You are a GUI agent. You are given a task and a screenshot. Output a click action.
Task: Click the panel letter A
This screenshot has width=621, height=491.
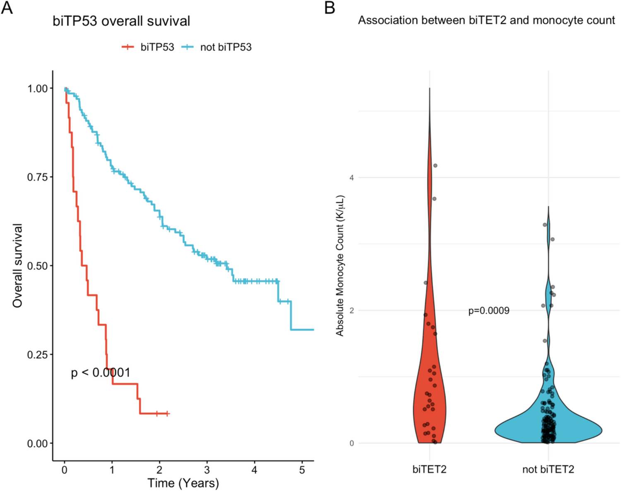[7, 7]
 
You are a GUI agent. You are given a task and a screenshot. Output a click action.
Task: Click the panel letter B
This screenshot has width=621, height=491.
[330, 7]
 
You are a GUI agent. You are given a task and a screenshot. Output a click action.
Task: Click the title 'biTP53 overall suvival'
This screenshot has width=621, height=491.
[121, 21]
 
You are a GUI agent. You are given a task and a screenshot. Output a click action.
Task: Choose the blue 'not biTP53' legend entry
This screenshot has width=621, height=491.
[217, 47]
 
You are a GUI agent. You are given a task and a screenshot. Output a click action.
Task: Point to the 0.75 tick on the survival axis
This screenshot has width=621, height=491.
[38, 177]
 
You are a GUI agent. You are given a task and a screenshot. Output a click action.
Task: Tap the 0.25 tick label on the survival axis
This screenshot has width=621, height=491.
[38, 355]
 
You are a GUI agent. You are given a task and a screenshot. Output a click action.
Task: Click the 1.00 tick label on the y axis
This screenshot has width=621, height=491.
[38, 89]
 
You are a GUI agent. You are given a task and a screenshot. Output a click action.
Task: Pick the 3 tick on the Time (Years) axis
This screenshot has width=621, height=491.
[207, 470]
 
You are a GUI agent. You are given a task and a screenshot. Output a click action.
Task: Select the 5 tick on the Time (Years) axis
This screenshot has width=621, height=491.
[302, 470]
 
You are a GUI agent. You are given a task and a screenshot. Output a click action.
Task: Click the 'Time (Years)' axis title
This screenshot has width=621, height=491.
[183, 483]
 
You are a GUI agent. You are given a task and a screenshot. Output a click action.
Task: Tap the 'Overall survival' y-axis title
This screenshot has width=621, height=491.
[17, 265]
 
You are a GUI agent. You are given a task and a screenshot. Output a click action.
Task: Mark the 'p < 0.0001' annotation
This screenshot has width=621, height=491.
[101, 373]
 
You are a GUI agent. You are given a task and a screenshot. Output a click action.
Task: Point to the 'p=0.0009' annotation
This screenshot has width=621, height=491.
[489, 310]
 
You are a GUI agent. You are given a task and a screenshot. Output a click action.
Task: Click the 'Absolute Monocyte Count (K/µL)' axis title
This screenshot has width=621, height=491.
[340, 265]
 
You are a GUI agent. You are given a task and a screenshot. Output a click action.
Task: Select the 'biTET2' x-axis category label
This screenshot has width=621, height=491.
[429, 469]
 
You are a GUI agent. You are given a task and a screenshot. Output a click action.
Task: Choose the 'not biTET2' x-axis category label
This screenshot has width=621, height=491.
[548, 469]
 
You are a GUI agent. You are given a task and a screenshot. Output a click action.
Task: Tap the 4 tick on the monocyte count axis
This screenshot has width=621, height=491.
[351, 178]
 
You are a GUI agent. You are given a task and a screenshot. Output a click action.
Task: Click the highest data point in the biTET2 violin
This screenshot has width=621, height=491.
[435, 166]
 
